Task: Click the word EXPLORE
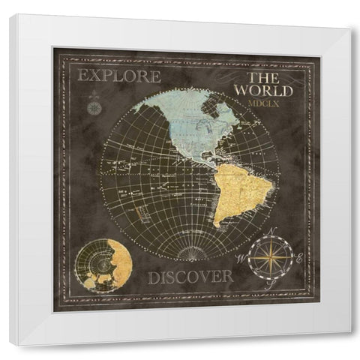click(x=119, y=76)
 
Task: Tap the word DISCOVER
click(x=190, y=277)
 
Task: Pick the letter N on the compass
click(x=273, y=231)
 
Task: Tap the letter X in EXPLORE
click(x=94, y=76)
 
